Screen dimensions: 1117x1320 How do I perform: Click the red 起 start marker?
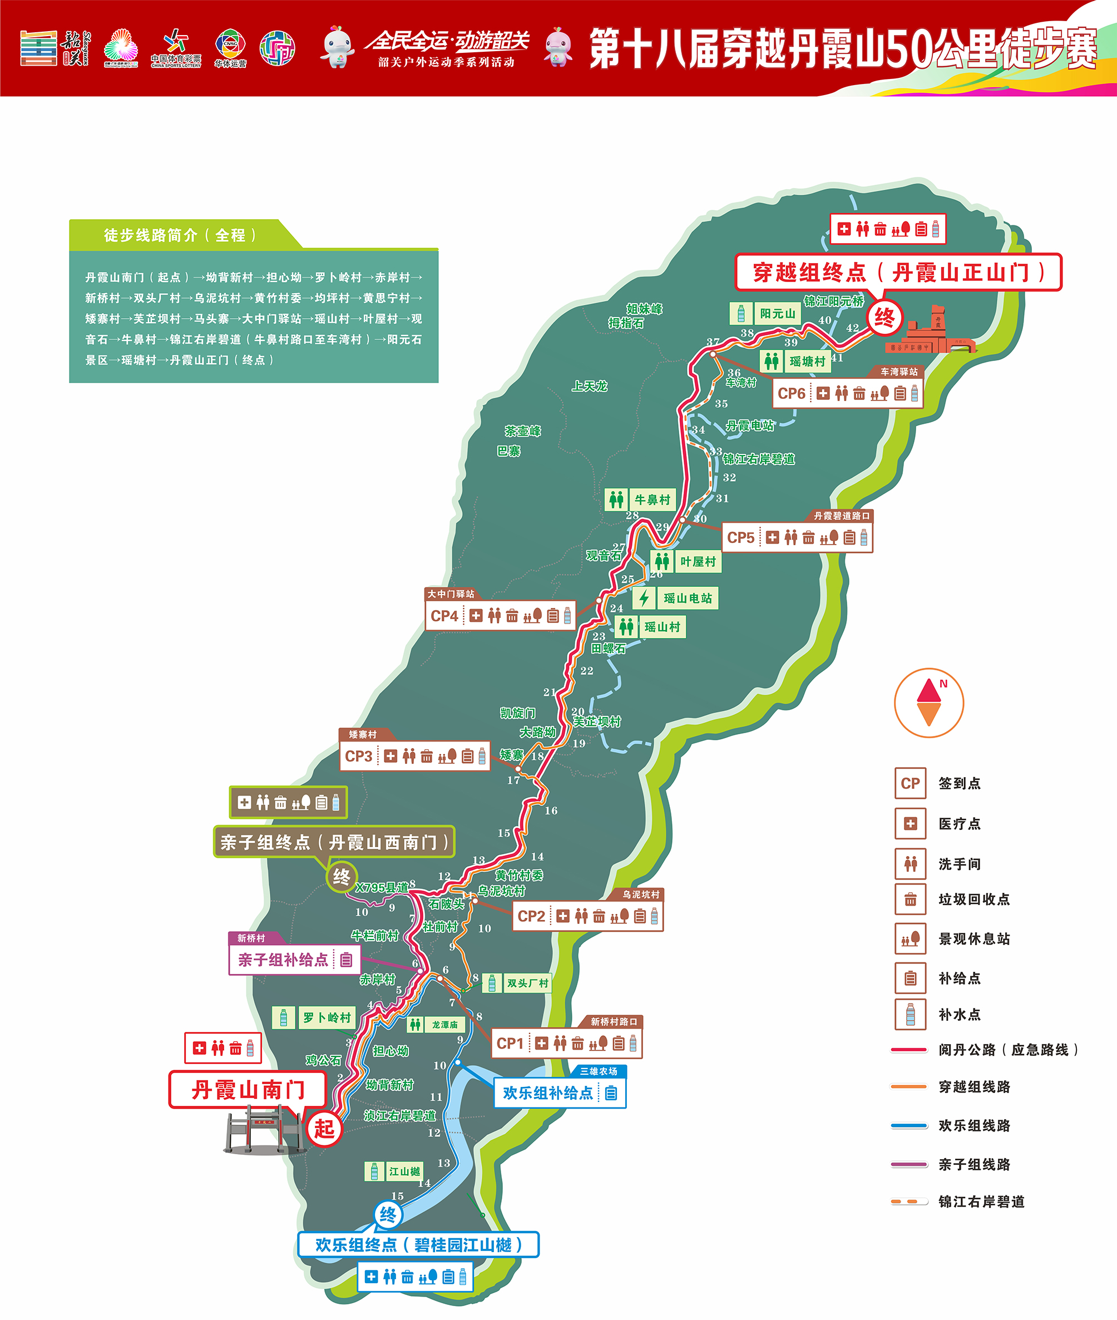(x=324, y=1128)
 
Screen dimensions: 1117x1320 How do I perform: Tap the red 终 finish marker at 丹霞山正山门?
(x=884, y=317)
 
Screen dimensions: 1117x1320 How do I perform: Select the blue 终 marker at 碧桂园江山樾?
(x=388, y=1215)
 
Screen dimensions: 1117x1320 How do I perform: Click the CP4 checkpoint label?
(x=444, y=616)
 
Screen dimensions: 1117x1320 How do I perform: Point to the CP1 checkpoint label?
(x=510, y=1044)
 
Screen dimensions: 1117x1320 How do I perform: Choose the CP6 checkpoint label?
(x=792, y=394)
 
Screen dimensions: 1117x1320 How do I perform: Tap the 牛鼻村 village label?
(x=652, y=500)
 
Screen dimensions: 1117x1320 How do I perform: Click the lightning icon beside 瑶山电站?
(x=644, y=597)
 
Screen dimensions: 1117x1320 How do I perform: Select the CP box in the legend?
(x=910, y=784)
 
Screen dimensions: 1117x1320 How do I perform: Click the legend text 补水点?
(x=960, y=1014)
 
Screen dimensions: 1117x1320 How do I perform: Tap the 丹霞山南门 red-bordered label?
(x=248, y=1090)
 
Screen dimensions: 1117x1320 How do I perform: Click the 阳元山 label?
(x=778, y=313)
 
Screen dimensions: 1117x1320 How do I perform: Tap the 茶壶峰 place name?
(x=523, y=431)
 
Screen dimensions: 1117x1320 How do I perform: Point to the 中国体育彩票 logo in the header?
(x=175, y=48)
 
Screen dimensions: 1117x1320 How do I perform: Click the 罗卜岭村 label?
(x=327, y=1017)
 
